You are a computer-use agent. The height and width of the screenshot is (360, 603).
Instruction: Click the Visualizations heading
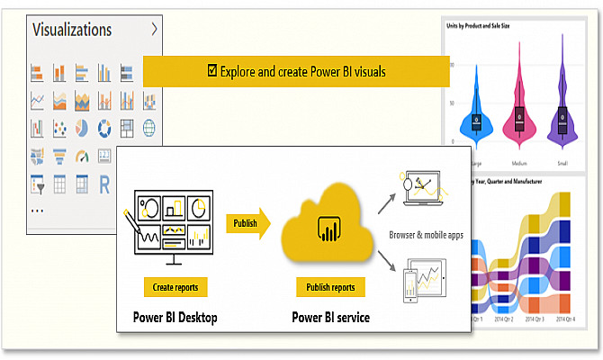[x=72, y=30]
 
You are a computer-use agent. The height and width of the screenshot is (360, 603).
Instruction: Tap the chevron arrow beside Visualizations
[x=155, y=29]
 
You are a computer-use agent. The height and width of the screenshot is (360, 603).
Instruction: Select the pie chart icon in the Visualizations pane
[x=81, y=128]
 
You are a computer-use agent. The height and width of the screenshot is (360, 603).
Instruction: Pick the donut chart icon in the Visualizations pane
[x=103, y=128]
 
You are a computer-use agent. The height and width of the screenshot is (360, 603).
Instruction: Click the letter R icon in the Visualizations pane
[x=103, y=184]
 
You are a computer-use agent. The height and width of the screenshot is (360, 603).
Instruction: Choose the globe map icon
[x=148, y=128]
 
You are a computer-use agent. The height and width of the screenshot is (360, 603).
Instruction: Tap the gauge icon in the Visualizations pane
[x=81, y=156]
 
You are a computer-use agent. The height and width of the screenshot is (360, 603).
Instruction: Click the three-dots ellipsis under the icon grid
[x=38, y=210]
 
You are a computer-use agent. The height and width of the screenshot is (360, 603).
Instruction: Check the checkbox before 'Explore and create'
[x=211, y=70]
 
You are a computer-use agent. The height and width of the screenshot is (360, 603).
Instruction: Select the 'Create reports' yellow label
[x=176, y=287]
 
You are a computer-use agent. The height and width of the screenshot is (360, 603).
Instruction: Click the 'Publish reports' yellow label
[x=330, y=287]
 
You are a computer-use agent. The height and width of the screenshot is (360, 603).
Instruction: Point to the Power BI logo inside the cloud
[x=326, y=231]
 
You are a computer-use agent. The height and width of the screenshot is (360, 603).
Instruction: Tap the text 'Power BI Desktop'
[x=175, y=317]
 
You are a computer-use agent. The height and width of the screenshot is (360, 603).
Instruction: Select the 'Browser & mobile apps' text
[x=427, y=235]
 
